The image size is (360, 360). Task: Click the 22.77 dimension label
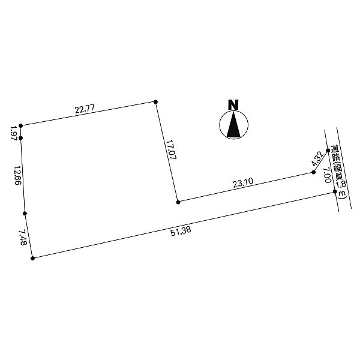(85, 109)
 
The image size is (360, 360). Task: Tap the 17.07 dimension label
(171, 149)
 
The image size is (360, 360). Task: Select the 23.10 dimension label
(243, 182)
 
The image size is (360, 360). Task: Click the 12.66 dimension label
(17, 176)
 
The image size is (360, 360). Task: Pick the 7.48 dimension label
(22, 238)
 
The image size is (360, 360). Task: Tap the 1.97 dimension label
(14, 133)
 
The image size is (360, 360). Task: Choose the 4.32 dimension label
(318, 160)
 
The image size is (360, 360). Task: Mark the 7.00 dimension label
(326, 175)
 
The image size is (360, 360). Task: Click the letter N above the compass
(233, 104)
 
